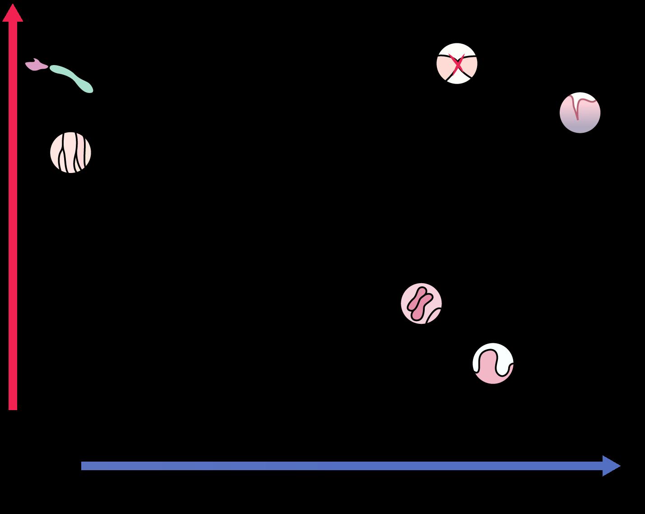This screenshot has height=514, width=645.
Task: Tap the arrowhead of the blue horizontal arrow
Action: tap(612, 466)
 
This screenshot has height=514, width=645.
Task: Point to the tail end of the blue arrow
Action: tap(83, 466)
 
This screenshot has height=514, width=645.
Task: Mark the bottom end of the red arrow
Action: tap(13, 408)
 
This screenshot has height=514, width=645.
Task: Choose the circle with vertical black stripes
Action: tap(70, 153)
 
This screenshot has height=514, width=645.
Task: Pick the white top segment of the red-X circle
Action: tap(457, 49)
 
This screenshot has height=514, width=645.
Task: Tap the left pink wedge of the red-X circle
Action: tap(444, 65)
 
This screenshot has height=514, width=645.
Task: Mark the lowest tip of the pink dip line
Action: tap(577, 119)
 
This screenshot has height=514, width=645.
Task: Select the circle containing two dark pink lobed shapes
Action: tap(421, 303)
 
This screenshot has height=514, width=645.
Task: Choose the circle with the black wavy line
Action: tap(493, 363)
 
